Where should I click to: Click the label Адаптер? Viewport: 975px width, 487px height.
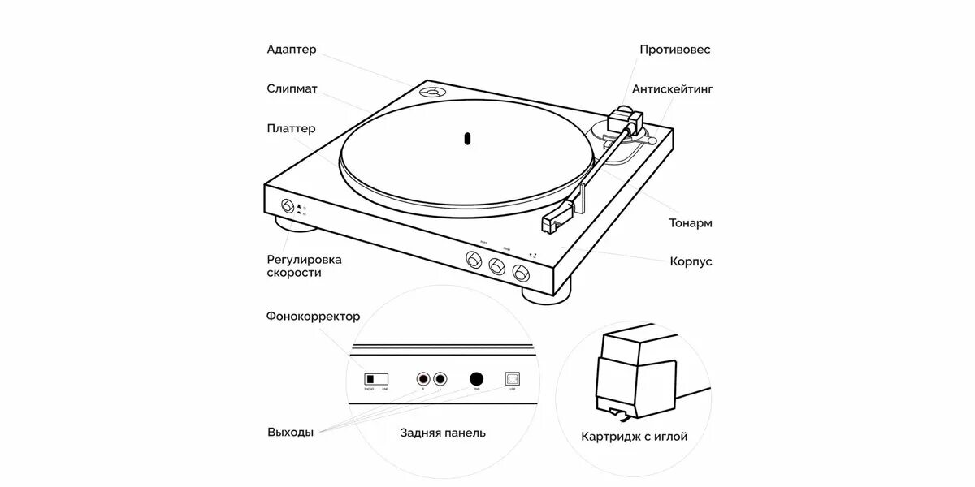(292, 50)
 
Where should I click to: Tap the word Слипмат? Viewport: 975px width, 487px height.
(292, 88)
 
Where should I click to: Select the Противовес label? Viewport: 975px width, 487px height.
(674, 50)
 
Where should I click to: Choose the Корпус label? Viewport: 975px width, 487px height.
(691, 261)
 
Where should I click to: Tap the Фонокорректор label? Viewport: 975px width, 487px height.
(313, 317)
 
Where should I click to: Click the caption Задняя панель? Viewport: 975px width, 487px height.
(443, 433)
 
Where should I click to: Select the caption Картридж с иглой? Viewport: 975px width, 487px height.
(634, 437)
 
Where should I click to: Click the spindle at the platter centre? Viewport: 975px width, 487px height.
(467, 138)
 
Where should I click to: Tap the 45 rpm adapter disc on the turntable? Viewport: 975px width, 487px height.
(431, 93)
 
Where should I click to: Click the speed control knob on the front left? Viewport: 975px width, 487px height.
(287, 205)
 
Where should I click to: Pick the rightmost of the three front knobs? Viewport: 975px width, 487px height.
(521, 270)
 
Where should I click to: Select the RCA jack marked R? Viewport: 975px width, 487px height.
(422, 379)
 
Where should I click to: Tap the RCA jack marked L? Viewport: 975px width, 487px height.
(440, 379)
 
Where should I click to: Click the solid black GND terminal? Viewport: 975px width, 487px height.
(476, 379)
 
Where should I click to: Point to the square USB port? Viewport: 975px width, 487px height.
(513, 379)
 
